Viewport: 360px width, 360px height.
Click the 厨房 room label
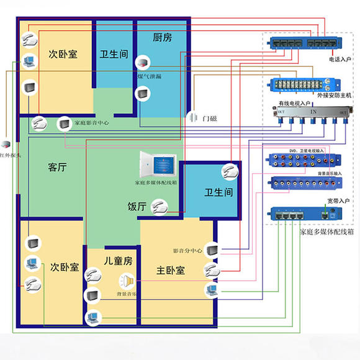coord(161,37)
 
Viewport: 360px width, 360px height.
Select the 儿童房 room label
coord(118,261)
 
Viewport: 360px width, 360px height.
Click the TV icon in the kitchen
coord(143,94)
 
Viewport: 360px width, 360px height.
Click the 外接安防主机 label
coord(334,96)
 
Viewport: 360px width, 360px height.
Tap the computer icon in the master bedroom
coord(212,288)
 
